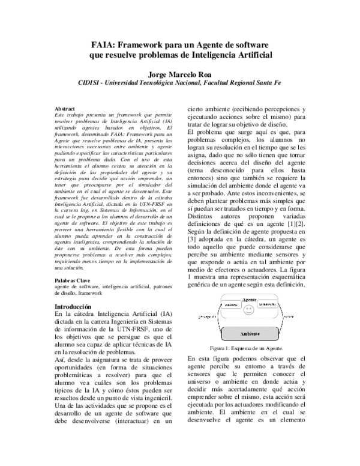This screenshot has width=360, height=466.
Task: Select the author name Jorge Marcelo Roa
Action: tap(179, 73)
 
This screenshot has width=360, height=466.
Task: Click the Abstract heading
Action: tap(65, 108)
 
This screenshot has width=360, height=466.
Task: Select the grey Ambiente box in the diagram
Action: tap(249, 333)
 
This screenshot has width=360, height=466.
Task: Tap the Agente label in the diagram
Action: tap(250, 299)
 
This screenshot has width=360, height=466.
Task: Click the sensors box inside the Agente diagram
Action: tap(231, 305)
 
